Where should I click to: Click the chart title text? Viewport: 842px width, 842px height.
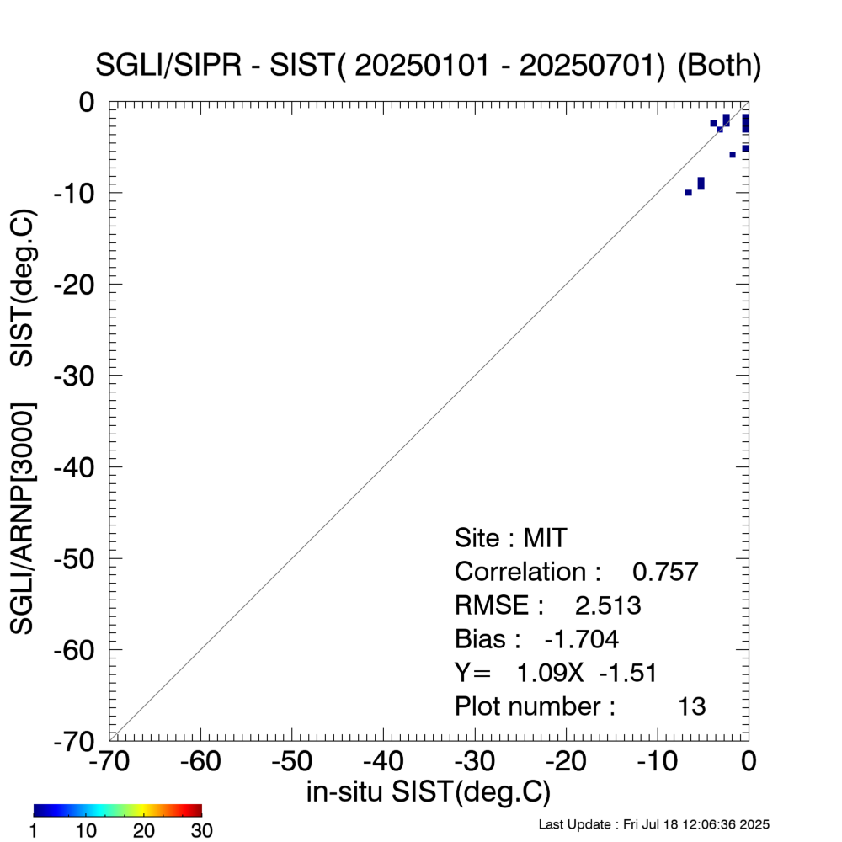(429, 67)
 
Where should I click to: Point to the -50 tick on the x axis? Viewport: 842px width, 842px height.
(292, 761)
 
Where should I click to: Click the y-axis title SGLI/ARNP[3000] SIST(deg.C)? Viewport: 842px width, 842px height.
(23, 421)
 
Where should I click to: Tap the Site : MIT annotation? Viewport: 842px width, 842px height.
(511, 537)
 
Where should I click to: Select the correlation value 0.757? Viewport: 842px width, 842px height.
(665, 572)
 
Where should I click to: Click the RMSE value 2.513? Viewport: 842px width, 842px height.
(608, 605)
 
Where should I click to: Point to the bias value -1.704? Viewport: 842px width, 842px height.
(582, 639)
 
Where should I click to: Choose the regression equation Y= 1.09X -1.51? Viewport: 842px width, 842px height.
(556, 673)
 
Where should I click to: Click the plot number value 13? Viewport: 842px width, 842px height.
(692, 706)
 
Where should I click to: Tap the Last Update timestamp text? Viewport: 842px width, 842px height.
(653, 824)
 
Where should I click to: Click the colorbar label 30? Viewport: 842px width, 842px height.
(201, 831)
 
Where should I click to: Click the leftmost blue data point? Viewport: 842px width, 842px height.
(688, 193)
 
